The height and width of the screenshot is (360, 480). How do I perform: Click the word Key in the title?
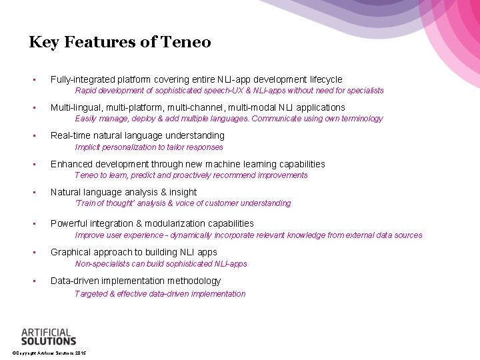(x=41, y=43)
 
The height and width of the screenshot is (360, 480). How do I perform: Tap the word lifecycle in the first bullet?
(x=323, y=79)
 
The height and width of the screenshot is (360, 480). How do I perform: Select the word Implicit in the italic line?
(x=88, y=147)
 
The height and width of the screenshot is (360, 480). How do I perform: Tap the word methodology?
(x=194, y=281)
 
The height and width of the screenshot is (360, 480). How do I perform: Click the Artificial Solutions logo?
(x=49, y=336)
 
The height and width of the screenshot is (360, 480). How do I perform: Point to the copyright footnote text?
(x=49, y=353)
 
